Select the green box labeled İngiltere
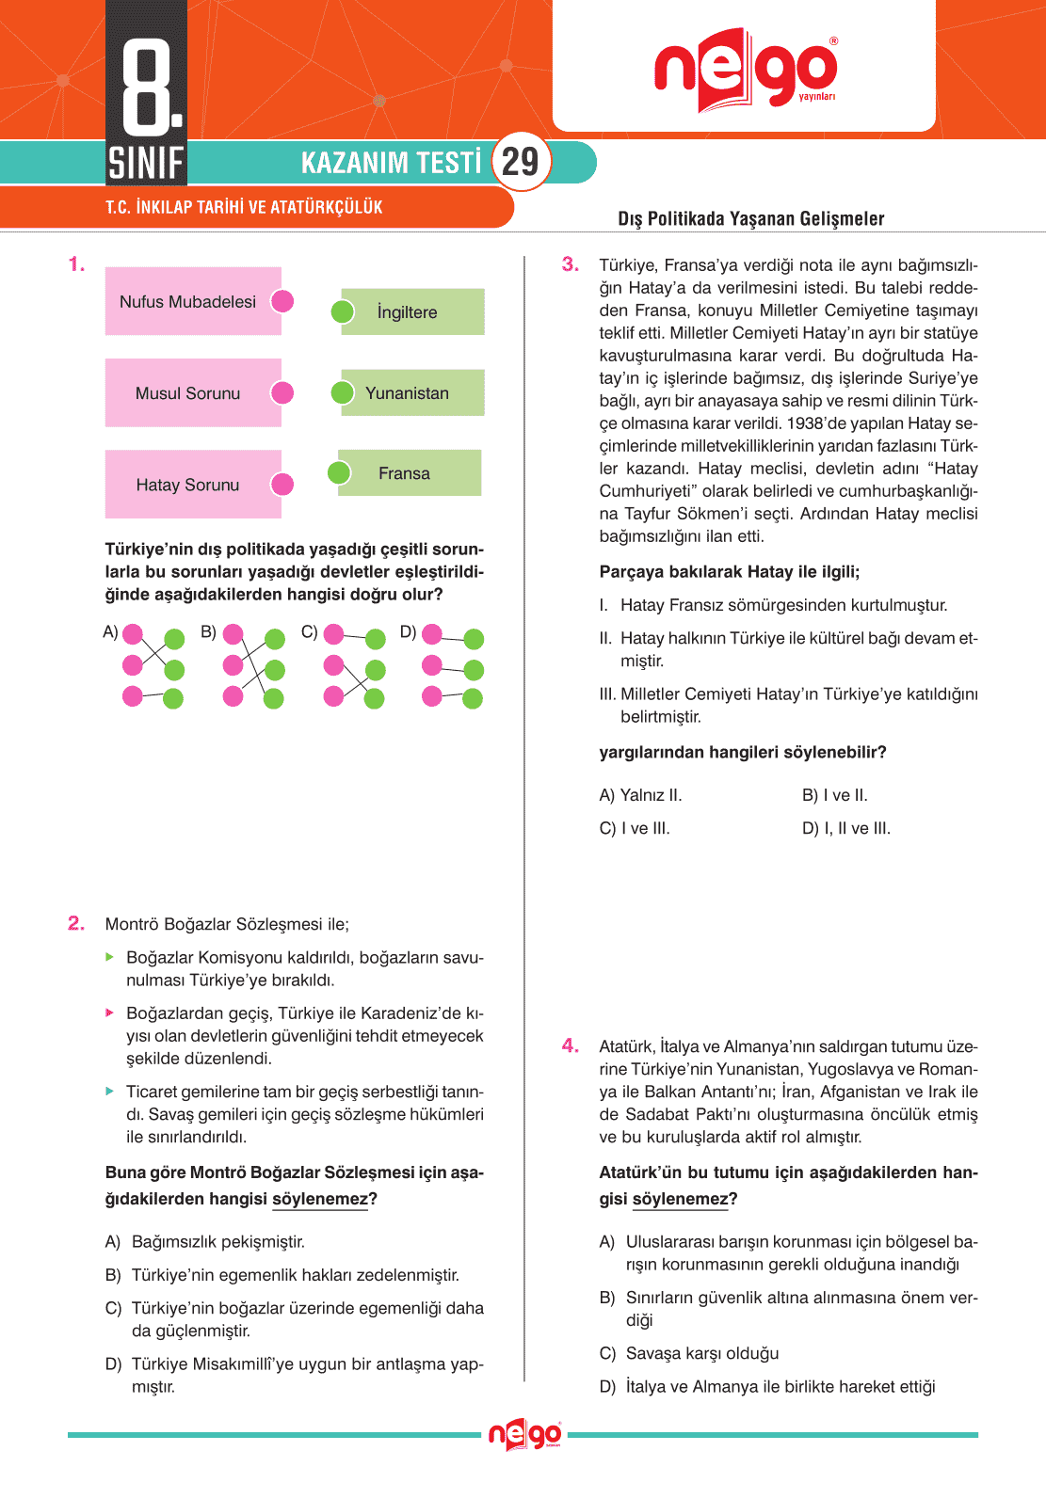pos(412,311)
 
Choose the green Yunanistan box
pos(412,392)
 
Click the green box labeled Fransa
pos(409,473)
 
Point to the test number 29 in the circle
pos(521,162)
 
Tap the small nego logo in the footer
pos(524,1435)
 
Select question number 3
pos(571,264)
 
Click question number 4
pos(571,1045)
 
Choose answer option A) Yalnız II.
pos(640,795)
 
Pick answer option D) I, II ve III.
pos(846,828)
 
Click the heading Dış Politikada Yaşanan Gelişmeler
pos(750,218)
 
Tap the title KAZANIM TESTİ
pos(391,163)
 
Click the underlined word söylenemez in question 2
pos(320,1199)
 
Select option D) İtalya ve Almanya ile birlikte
pos(767,1386)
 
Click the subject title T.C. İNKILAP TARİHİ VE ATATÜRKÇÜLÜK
pos(244,207)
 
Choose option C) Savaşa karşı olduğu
pos(689,1353)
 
